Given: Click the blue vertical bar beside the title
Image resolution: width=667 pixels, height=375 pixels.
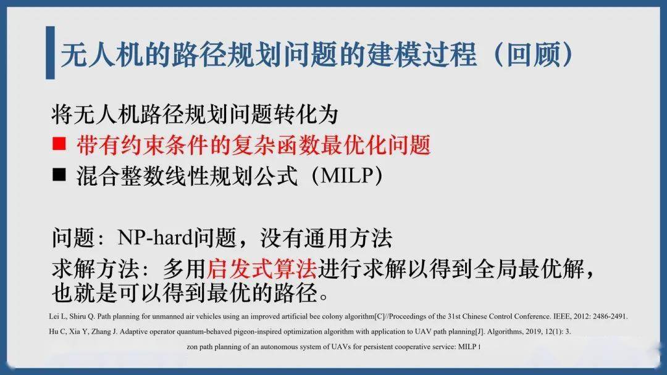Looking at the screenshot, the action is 50,52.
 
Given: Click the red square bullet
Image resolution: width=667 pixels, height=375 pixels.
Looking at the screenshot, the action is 59,144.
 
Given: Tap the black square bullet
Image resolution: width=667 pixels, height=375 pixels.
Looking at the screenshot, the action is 59,175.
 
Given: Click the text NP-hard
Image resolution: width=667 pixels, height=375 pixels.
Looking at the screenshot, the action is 155,237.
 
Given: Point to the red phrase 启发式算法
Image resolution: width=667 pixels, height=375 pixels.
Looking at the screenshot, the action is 262,268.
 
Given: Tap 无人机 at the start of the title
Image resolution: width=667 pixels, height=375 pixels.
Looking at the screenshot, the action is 102,54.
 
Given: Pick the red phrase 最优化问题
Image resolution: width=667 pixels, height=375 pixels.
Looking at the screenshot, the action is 376,145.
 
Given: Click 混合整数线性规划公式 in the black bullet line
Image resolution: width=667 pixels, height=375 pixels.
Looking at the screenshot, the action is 187,176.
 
